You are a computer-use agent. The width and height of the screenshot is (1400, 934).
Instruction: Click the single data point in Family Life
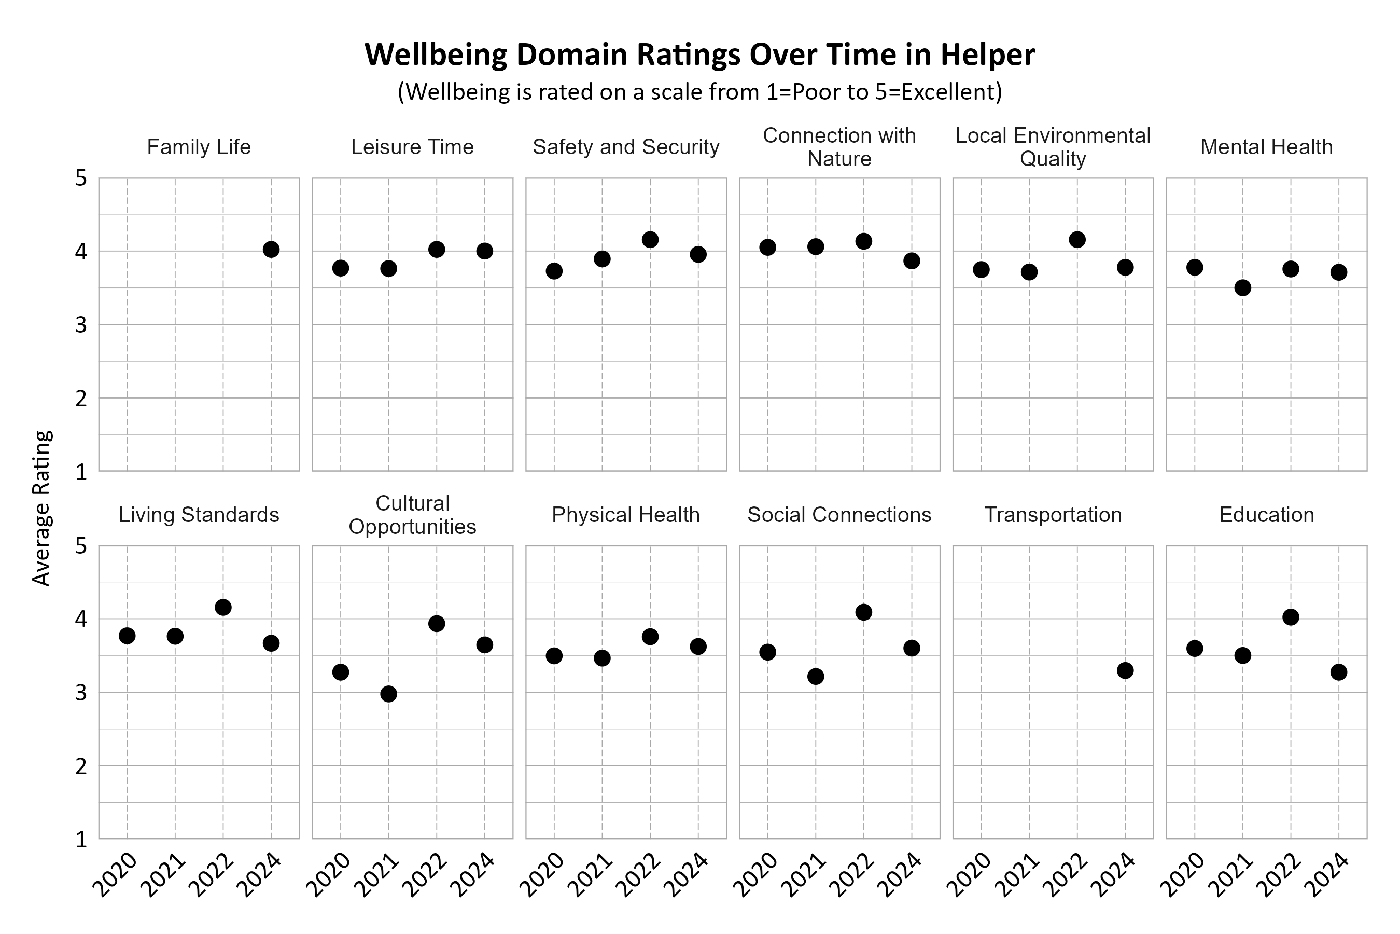[x=271, y=250]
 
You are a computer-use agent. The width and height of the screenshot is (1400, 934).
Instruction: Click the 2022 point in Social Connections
[x=864, y=612]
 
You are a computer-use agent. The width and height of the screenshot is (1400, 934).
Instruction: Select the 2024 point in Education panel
[x=1339, y=672]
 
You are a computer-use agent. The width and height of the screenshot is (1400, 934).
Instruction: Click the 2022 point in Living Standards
[x=223, y=608]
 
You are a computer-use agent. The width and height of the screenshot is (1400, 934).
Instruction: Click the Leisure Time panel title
[x=412, y=147]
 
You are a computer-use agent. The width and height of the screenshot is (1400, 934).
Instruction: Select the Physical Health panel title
[x=626, y=515]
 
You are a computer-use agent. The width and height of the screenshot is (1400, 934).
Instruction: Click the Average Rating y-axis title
[x=41, y=508]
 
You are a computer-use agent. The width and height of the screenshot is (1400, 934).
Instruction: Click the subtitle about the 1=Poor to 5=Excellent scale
[x=700, y=92]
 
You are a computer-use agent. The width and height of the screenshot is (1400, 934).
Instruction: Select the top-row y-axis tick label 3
[x=81, y=325]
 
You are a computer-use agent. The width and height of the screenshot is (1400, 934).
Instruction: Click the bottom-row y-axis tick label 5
[x=81, y=546]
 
